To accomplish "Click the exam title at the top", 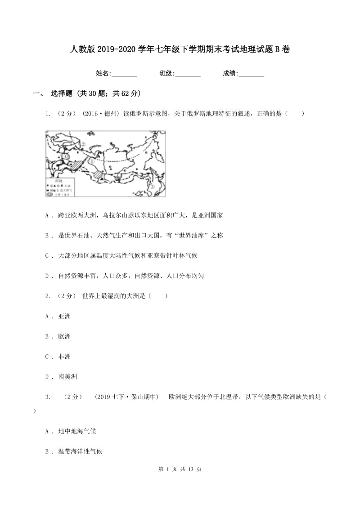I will click(180, 49).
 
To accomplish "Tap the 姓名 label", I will click(103, 73).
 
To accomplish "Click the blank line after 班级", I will click(188, 74).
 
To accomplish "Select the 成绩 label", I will click(230, 73).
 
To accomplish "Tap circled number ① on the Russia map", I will click(91, 160).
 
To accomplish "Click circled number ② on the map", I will click(84, 144).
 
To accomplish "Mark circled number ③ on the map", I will click(152, 187).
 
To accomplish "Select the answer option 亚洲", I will click(64, 316).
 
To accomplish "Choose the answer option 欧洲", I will click(64, 336).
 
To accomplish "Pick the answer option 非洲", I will click(64, 357).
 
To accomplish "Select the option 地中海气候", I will click(77, 431).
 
